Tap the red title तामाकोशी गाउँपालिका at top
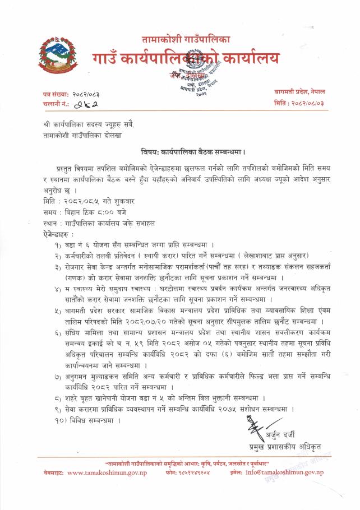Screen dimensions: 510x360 186,39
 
